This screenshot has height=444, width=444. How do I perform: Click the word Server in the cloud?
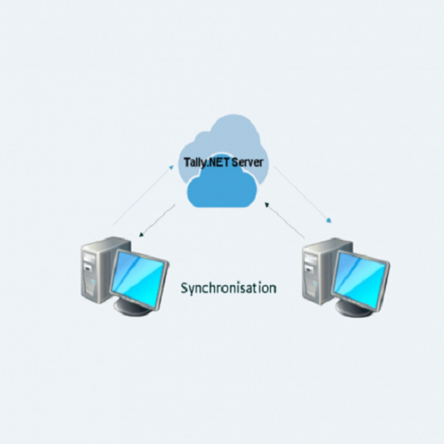pyautogui.click(x=248, y=163)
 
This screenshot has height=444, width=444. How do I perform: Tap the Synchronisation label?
pyautogui.click(x=228, y=289)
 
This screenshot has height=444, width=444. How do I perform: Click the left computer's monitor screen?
pyautogui.click(x=139, y=279)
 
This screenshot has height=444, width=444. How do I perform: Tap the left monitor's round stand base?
pyautogui.click(x=132, y=308)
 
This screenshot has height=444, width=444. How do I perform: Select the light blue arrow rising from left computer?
pyautogui.click(x=143, y=195)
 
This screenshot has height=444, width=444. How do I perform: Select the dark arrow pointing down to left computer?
pyautogui.click(x=157, y=221)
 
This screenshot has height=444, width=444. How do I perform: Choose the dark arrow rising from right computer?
pyautogui.click(x=285, y=220)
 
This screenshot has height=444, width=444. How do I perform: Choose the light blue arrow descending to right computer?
pyautogui.click(x=302, y=194)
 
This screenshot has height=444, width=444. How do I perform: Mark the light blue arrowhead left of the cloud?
pyautogui.click(x=171, y=167)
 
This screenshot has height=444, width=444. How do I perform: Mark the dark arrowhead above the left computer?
pyautogui.click(x=141, y=234)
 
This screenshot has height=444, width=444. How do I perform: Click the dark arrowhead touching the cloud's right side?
pyautogui.click(x=266, y=204)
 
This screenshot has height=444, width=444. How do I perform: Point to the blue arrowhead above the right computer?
pyautogui.click(x=329, y=220)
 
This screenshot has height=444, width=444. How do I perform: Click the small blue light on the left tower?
pyautogui.click(x=93, y=281)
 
